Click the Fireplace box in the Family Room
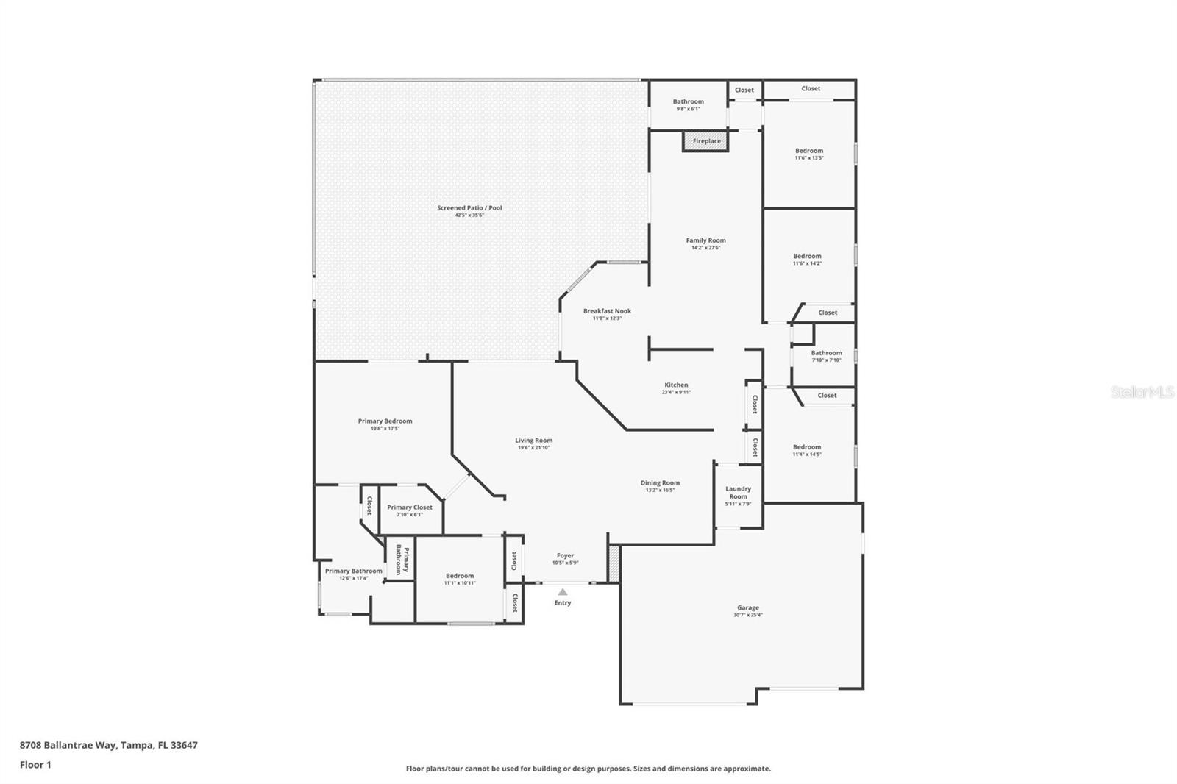pyautogui.click(x=706, y=140)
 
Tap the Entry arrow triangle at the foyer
pyautogui.click(x=563, y=592)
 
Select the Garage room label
pyautogui.click(x=748, y=607)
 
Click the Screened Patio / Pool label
pyautogui.click(x=469, y=208)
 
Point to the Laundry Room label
pyautogui.click(x=738, y=492)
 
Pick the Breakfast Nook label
pyautogui.click(x=607, y=311)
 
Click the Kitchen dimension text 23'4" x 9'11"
pyautogui.click(x=676, y=393)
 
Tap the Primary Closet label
pyautogui.click(x=410, y=507)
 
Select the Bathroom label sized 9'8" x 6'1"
pyautogui.click(x=688, y=102)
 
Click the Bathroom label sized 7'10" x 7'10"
pyautogui.click(x=826, y=353)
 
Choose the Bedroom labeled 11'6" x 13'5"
pyautogui.click(x=809, y=151)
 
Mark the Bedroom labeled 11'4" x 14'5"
pyautogui.click(x=807, y=447)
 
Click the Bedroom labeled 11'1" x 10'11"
pyautogui.click(x=460, y=576)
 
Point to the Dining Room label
pyautogui.click(x=660, y=483)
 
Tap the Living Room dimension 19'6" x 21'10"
pyautogui.click(x=533, y=448)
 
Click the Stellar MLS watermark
pyautogui.click(x=1142, y=392)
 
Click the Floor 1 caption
pyautogui.click(x=35, y=765)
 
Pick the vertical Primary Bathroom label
pyautogui.click(x=401, y=559)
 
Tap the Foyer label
pyautogui.click(x=565, y=556)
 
